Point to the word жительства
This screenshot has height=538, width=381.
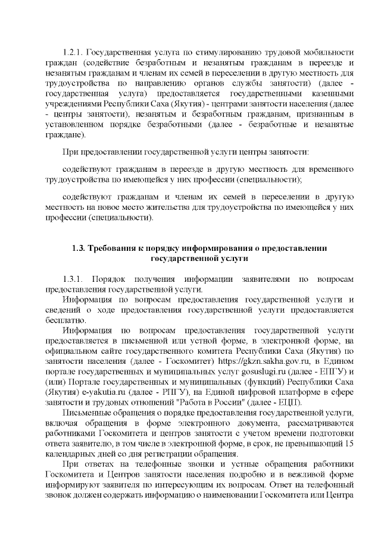[x=152, y=207]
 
